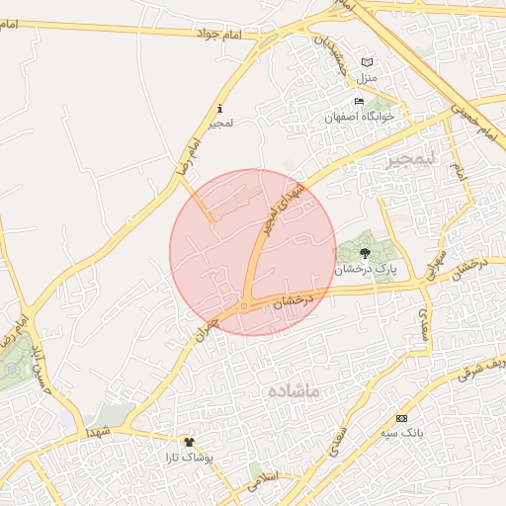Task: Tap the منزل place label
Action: tap(368, 77)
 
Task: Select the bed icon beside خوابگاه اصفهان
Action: tap(360, 102)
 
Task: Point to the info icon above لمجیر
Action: tap(219, 109)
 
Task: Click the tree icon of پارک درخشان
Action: tap(365, 253)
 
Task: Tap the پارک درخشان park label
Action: tap(365, 269)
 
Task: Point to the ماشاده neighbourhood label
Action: tap(295, 391)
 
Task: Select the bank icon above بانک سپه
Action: tap(400, 418)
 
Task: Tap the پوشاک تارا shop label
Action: tap(192, 458)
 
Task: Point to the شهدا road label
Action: tap(97, 433)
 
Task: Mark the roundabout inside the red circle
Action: tap(244, 306)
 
